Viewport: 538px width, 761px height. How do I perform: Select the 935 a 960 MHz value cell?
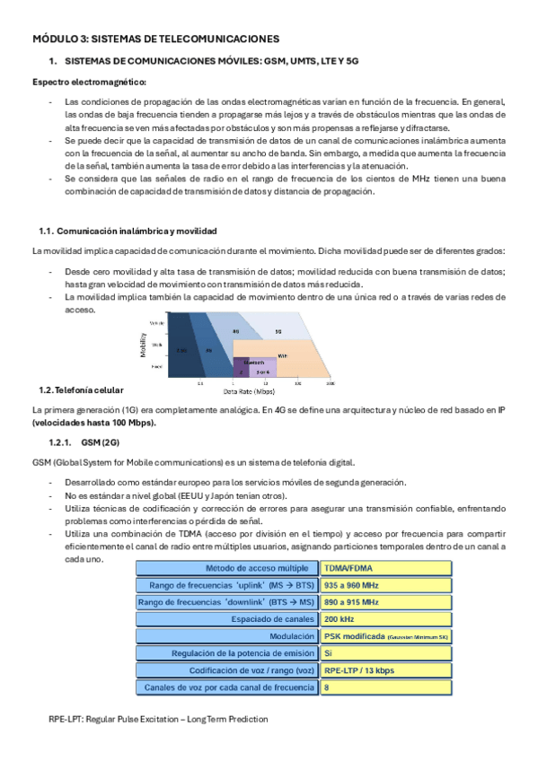point(386,585)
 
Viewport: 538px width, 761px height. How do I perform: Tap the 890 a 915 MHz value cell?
point(386,602)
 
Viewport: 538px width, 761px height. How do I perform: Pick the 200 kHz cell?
point(386,619)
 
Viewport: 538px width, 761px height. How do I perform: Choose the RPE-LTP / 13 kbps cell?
point(386,670)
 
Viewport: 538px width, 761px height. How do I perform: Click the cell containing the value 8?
point(386,687)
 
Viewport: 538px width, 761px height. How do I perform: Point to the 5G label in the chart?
point(279,331)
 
